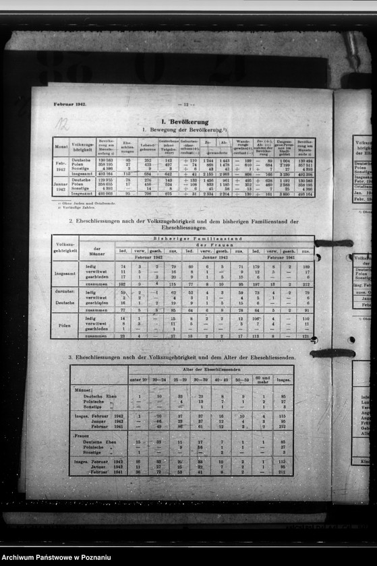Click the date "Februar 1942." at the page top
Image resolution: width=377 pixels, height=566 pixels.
[71, 105]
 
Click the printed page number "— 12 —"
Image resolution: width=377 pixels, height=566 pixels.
[185, 105]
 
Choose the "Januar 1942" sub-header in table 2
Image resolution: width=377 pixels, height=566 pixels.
[214, 257]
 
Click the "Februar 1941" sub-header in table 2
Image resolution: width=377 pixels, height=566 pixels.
[281, 257]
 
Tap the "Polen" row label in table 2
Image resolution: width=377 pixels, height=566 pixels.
[65, 325]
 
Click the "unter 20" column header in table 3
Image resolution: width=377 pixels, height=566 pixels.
[139, 379]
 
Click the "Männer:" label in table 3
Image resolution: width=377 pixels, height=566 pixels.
[84, 389]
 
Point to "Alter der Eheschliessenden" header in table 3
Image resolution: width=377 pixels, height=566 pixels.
[210, 369]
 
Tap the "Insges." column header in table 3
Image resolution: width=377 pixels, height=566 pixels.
[283, 379]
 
